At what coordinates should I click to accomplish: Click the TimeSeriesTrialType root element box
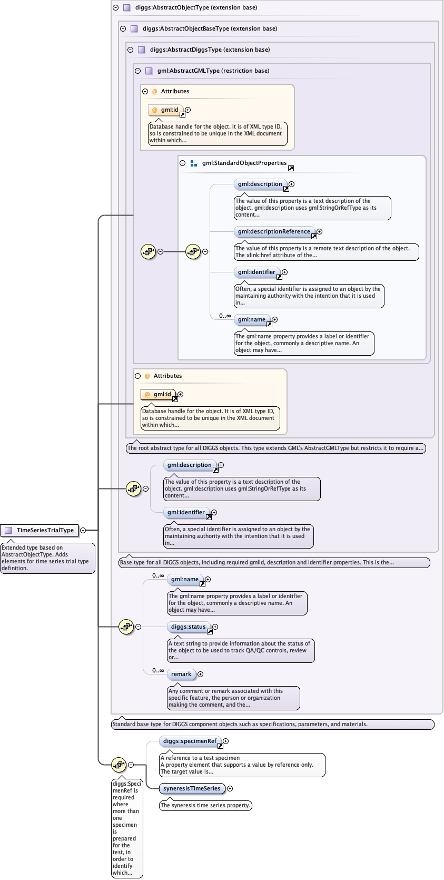(40, 530)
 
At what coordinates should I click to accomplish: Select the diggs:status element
(188, 627)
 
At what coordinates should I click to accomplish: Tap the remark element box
(181, 674)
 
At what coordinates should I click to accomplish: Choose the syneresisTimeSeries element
(192, 788)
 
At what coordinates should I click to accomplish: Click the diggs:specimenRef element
(190, 741)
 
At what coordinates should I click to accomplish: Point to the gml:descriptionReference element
(274, 231)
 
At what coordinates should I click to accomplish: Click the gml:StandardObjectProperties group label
(244, 163)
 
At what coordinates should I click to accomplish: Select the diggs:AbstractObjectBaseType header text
(210, 28)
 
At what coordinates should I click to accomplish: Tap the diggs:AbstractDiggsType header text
(210, 50)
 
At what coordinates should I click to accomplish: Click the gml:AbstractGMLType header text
(213, 71)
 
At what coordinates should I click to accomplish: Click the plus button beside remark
(201, 674)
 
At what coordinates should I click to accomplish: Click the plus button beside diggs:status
(215, 627)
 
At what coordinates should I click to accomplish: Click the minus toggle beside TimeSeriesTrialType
(83, 530)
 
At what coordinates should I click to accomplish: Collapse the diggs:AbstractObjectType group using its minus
(116, 7)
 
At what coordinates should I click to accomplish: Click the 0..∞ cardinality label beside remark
(158, 670)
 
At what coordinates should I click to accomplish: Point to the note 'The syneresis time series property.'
(205, 805)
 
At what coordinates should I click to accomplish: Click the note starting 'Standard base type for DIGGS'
(272, 724)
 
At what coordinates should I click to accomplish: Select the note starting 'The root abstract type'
(275, 448)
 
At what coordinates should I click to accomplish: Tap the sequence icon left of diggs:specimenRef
(119, 765)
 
